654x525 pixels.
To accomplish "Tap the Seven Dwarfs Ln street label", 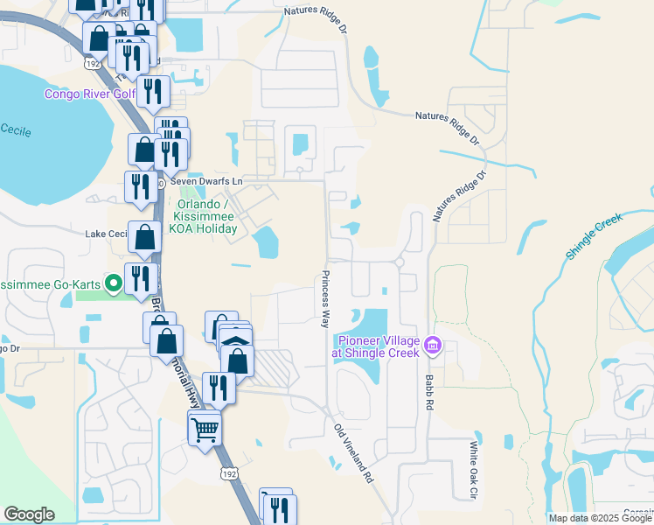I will click(x=205, y=181).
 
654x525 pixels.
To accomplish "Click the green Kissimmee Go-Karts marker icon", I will click(x=112, y=283).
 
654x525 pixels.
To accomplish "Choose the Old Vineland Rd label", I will click(x=354, y=454).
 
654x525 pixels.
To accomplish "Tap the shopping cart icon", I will click(x=205, y=428).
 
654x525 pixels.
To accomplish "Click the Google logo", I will click(x=29, y=514).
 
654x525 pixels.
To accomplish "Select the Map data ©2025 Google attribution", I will click(x=600, y=518).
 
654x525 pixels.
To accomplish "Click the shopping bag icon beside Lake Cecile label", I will click(x=144, y=236).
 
